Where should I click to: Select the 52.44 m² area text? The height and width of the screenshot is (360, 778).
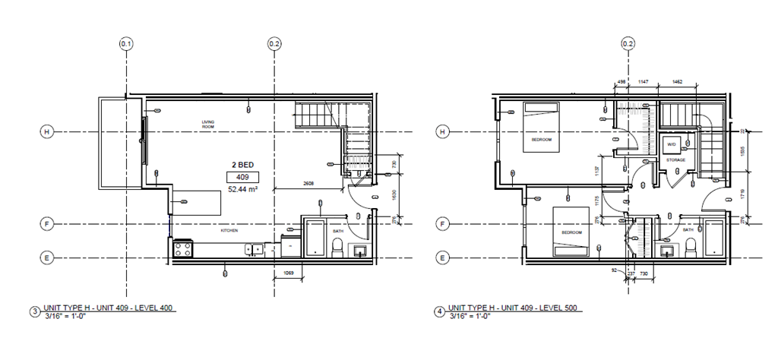point(243,190)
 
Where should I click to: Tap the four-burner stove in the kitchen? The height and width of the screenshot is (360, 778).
point(182,248)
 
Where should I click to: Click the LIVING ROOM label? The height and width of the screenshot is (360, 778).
point(209,125)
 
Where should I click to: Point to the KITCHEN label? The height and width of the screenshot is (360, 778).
point(230,229)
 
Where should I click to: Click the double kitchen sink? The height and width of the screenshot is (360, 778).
point(254,248)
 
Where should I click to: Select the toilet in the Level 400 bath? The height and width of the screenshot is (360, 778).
point(337,247)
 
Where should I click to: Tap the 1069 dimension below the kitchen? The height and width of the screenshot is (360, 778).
point(289,272)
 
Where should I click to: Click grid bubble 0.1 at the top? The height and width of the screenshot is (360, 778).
point(126,44)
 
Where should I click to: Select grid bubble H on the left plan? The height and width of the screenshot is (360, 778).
point(46,132)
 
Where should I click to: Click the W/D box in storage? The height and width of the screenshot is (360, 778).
point(672,144)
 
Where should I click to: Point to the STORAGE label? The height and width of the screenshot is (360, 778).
point(675,160)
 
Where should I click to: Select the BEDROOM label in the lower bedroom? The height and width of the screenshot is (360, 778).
point(571,232)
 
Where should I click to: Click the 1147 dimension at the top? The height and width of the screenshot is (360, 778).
point(643,81)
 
